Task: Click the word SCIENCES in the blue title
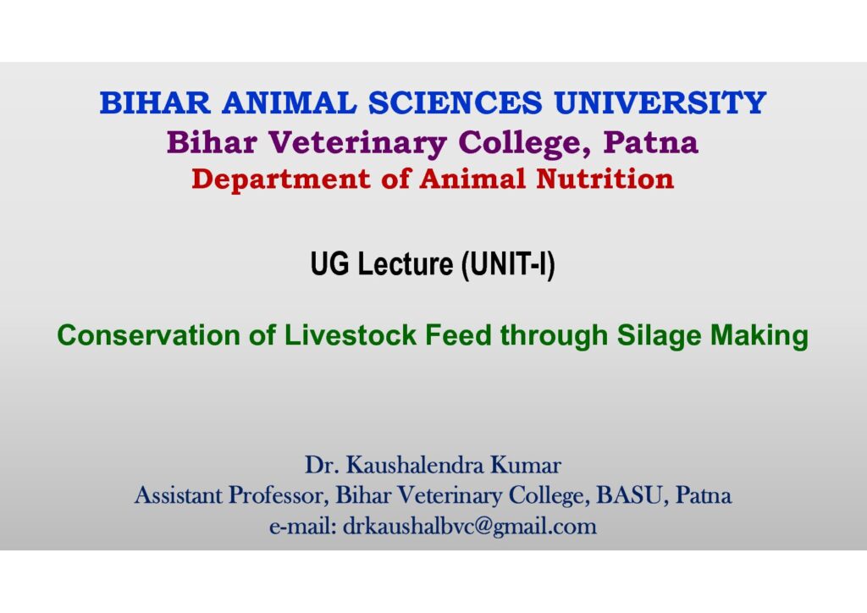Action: [x=455, y=103]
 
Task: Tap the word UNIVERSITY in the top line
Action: [x=660, y=103]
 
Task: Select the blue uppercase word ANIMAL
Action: [x=290, y=103]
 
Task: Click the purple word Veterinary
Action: [x=358, y=142]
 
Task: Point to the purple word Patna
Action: [x=651, y=142]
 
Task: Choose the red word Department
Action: [x=281, y=179]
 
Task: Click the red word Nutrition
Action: [x=605, y=179]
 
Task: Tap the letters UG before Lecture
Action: [x=330, y=263]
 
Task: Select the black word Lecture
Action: [x=406, y=263]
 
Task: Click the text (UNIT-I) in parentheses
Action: [x=508, y=264]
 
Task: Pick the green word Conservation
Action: [x=148, y=335]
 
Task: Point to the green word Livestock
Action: [x=350, y=335]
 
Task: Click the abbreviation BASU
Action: [x=629, y=495]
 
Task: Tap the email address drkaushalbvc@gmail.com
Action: [x=470, y=527]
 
